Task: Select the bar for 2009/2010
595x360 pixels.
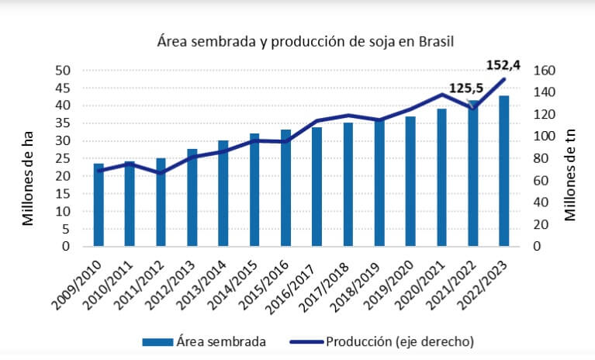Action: point(99,206)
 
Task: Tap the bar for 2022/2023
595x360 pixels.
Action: point(503,171)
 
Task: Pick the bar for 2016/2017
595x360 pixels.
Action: point(317,186)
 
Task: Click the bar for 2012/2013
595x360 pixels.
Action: point(192,197)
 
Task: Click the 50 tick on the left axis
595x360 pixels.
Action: point(61,71)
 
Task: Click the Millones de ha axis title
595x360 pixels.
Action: point(29,179)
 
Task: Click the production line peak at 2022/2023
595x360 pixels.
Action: point(503,79)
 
